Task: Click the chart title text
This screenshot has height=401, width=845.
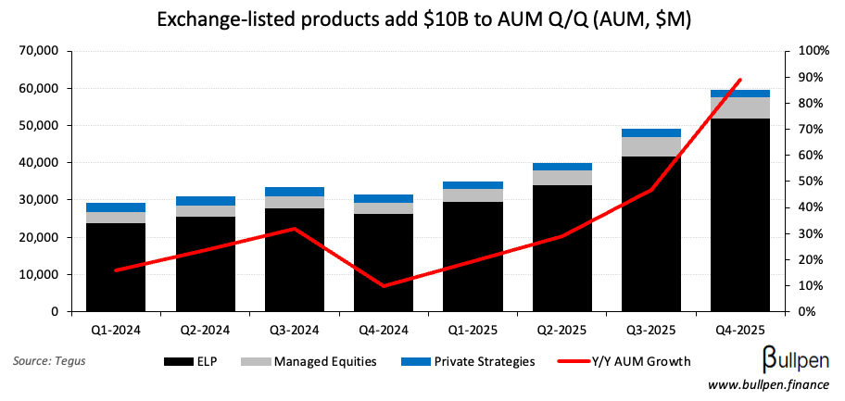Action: pyautogui.click(x=422, y=19)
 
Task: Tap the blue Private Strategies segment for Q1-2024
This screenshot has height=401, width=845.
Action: pyautogui.click(x=116, y=207)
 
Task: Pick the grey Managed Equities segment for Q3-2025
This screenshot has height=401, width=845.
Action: pyautogui.click(x=651, y=146)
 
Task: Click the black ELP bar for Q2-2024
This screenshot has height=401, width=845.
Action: pyautogui.click(x=205, y=264)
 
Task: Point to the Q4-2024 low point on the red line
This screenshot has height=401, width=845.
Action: pyautogui.click(x=384, y=286)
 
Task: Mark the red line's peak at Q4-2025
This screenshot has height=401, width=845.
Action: pyautogui.click(x=739, y=80)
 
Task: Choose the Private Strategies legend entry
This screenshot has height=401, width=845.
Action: pyautogui.click(x=469, y=361)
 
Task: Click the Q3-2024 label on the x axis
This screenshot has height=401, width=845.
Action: pyautogui.click(x=295, y=330)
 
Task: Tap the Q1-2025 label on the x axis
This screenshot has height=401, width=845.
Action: pyautogui.click(x=473, y=330)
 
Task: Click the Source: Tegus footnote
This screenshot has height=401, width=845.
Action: pyautogui.click(x=47, y=361)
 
